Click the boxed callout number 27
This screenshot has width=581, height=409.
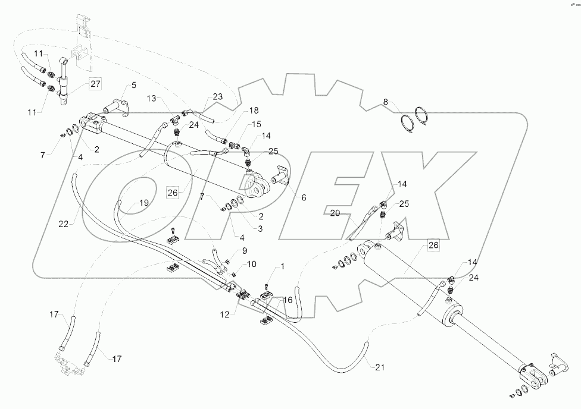coord(95,84)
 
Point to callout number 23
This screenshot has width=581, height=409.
coord(218,97)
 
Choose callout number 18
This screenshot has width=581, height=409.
coord(238,111)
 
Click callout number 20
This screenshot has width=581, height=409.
coord(334,213)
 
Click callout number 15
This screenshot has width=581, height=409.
coord(257,125)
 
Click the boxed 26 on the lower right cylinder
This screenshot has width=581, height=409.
coord(433,244)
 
